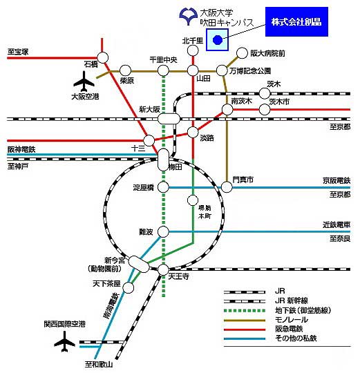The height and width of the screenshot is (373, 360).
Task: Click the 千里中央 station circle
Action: click(163, 70)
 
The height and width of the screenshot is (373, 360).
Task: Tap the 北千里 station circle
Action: click(193, 50)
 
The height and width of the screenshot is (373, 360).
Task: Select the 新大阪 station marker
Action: click(169, 119)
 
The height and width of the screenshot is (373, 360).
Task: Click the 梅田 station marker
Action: click(164, 160)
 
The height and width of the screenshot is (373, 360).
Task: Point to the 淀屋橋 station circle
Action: click(164, 187)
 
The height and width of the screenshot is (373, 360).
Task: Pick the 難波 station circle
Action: click(164, 231)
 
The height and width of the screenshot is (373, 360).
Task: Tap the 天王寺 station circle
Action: click(164, 269)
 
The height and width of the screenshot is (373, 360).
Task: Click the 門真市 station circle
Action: click(227, 187)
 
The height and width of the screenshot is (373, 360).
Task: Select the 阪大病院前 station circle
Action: click(242, 53)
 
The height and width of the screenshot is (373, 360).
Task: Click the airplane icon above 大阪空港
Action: click(84, 82)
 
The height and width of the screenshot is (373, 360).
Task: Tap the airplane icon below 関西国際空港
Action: click(64, 342)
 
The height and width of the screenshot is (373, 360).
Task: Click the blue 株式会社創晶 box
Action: click(296, 21)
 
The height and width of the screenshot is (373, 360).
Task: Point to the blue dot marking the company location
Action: click(218, 40)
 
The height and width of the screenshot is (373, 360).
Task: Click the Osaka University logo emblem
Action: click(189, 16)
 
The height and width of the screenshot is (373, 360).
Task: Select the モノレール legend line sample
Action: click(245, 321)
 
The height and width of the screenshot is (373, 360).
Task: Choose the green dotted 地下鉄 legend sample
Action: click(245, 310)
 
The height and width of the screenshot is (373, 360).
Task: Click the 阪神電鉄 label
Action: click(21, 149)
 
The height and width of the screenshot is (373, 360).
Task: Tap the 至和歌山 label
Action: click(99, 364)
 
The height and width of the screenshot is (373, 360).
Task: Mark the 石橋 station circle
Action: click(102, 57)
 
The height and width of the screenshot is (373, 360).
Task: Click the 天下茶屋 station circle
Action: click(129, 287)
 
